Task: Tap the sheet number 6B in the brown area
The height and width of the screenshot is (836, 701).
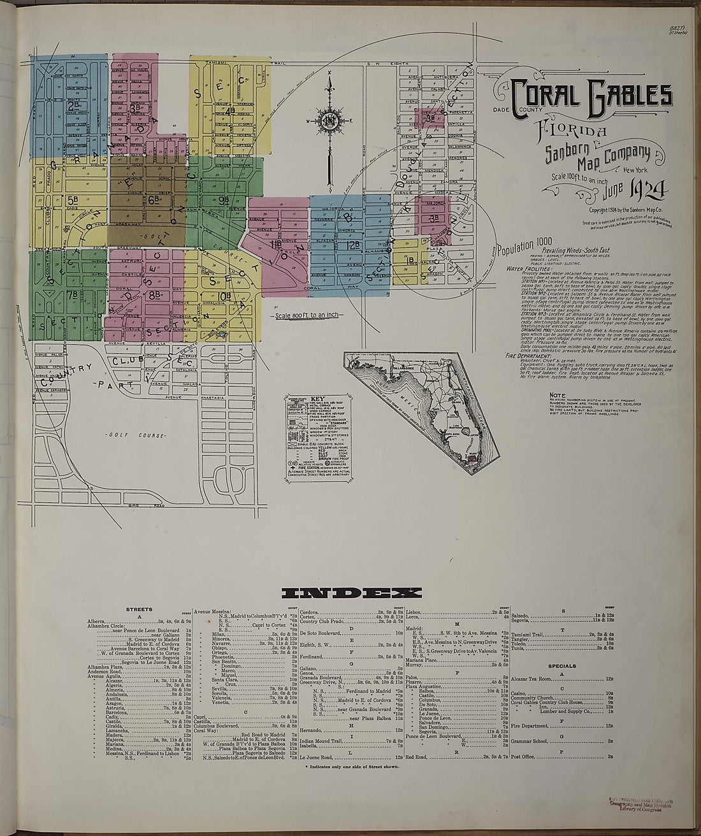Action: click(x=154, y=199)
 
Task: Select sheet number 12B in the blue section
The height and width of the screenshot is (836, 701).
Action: click(x=353, y=245)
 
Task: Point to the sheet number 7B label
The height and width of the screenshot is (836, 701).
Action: click(x=72, y=294)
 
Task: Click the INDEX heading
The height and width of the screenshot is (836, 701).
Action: click(x=351, y=593)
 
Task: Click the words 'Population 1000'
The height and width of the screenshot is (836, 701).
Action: click(x=523, y=250)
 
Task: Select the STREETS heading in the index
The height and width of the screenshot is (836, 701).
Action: click(x=140, y=609)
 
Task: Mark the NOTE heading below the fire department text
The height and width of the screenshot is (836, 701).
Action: click(x=557, y=395)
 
